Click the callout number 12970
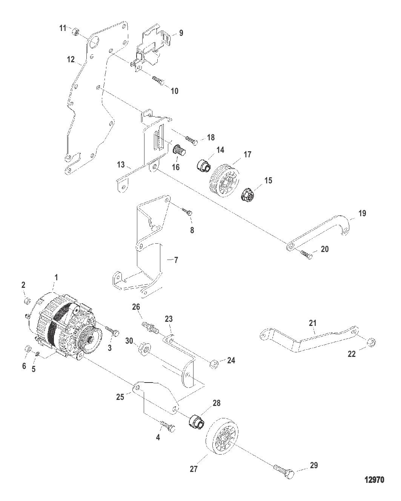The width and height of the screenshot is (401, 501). (374, 480)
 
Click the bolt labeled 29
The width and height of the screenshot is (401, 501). (284, 471)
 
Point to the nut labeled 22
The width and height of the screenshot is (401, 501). (372, 342)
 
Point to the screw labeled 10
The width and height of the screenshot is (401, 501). (158, 81)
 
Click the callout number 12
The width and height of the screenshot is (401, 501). (71, 60)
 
